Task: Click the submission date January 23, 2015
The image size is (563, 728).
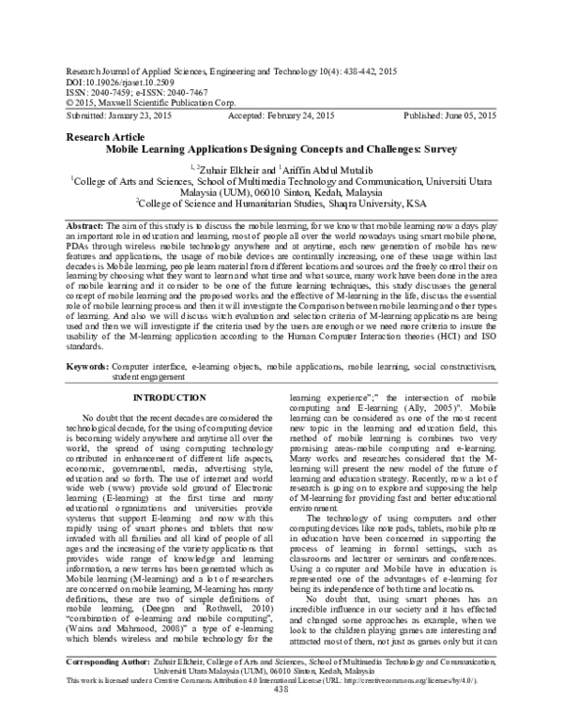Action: coord(127,114)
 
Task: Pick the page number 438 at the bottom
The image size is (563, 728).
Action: coord(281,719)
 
